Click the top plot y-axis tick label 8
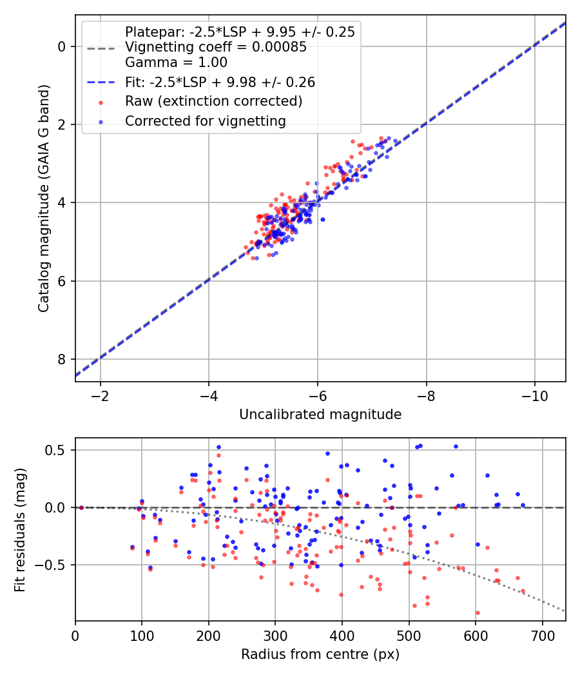point(62,360)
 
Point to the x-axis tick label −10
point(534,396)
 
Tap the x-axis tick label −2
point(100,396)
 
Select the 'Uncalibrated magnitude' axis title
point(320,415)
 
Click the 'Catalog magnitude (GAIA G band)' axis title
point(44,198)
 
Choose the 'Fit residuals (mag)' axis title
point(20,530)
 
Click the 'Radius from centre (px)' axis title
point(320,654)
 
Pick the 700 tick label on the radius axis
point(542,636)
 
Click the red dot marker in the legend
point(101,103)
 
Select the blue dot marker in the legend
point(101,123)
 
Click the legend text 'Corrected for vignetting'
point(206,121)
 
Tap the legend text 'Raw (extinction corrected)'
point(213,101)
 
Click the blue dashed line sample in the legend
point(101,82)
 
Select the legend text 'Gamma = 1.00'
point(176,63)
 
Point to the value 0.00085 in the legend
point(279,46)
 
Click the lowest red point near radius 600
point(478,613)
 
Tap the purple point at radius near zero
point(81,507)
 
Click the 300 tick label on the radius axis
point(275,636)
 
